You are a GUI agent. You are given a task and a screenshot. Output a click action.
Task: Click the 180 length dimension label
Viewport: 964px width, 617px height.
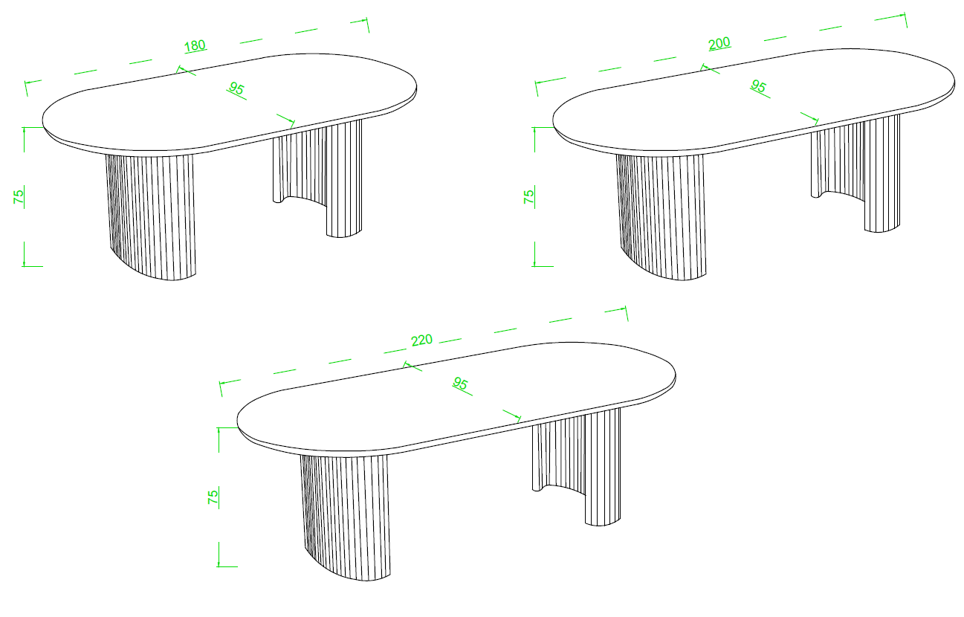[195, 45]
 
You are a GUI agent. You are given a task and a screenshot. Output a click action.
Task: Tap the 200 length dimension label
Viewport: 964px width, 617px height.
[719, 43]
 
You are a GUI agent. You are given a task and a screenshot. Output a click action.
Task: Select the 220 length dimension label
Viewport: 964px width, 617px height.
[421, 340]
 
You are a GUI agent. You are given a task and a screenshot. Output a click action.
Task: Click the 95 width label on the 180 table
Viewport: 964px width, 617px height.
[236, 88]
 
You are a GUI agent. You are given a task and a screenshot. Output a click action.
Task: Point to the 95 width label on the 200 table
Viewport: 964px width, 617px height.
[759, 86]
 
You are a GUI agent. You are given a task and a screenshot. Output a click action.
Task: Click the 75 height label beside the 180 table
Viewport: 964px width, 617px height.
[19, 196]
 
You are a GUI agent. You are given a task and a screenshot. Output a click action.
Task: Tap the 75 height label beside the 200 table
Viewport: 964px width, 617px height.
[529, 196]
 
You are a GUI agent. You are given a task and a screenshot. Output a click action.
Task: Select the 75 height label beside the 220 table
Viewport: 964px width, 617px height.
[213, 497]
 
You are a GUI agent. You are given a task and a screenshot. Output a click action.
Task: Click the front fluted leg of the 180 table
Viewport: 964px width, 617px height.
[152, 216]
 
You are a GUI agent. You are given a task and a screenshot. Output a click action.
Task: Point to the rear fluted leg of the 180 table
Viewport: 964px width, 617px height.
[317, 176]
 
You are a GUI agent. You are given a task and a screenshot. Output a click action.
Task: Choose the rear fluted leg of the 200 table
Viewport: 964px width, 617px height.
[855, 172]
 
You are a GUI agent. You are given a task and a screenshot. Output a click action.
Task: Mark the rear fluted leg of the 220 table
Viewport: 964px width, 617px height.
[577, 466]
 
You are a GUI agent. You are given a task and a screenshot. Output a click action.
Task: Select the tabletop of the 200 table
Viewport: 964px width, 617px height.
[754, 100]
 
